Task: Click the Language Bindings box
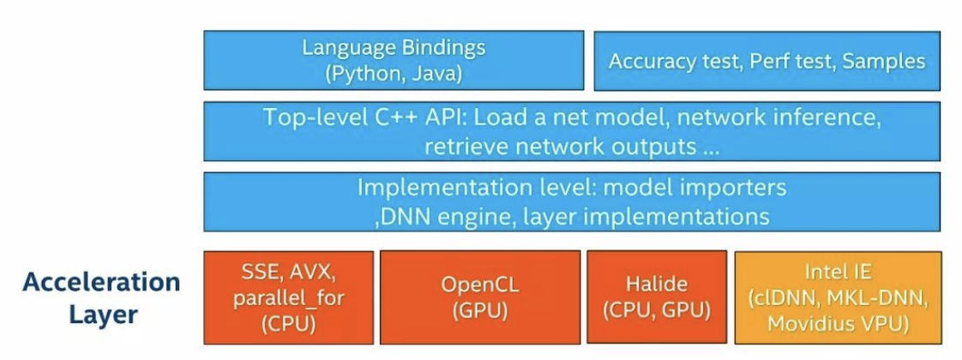pyautogui.click(x=394, y=60)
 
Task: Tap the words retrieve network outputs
pyautogui.click(x=560, y=146)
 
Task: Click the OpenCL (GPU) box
pyautogui.click(x=479, y=297)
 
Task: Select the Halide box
pyautogui.click(x=656, y=297)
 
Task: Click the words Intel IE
pyautogui.click(x=838, y=273)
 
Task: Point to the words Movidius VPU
pyautogui.click(x=838, y=324)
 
